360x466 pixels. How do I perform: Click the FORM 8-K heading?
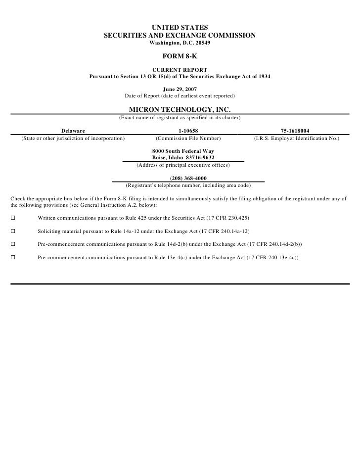pos(180,56)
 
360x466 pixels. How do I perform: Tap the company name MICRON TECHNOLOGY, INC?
pos(180,109)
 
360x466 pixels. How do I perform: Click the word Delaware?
pos(73,131)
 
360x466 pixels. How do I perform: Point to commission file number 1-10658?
pos(188,131)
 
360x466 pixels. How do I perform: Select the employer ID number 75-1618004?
pos(295,131)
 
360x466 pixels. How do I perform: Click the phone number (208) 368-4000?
pos(188,179)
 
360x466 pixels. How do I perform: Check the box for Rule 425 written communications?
pos(13,218)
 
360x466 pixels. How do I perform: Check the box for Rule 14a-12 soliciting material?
pos(13,231)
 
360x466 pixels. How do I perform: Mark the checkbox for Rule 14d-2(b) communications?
pos(13,244)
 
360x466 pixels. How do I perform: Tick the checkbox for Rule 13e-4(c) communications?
pos(13,258)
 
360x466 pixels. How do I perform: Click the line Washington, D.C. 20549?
pos(180,43)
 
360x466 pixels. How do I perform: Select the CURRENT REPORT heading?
pos(180,70)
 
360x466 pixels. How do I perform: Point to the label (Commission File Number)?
pos(188,139)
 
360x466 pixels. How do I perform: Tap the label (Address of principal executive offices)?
pos(183,165)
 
